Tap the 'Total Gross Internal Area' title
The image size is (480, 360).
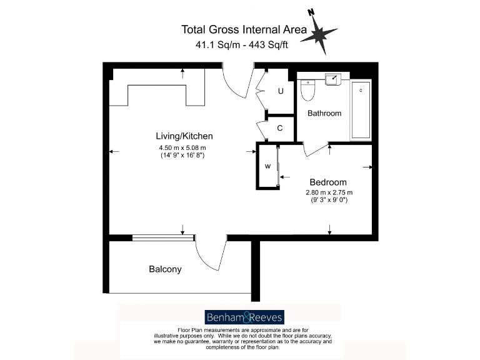(244, 29)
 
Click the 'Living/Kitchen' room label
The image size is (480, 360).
(184, 136)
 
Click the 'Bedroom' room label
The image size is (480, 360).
(328, 182)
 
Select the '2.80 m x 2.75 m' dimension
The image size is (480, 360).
(329, 192)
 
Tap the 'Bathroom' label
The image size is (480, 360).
(324, 113)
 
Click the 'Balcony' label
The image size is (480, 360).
(165, 269)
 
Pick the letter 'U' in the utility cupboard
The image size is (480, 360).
(281, 91)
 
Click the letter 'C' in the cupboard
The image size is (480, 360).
(280, 128)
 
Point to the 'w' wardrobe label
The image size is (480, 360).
(267, 166)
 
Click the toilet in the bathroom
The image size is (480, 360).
(307, 91)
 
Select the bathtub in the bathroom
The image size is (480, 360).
(361, 109)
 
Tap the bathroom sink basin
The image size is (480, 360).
(332, 79)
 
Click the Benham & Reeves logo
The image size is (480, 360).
(244, 316)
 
